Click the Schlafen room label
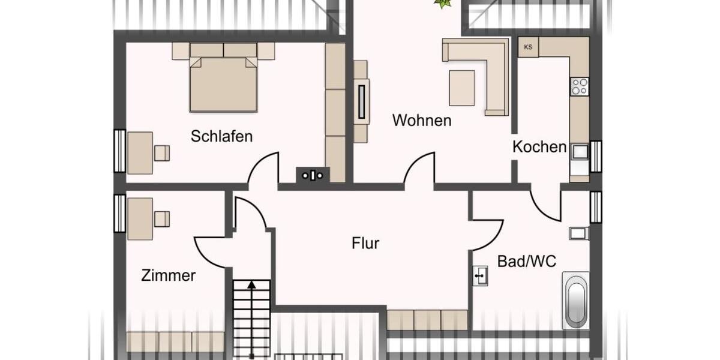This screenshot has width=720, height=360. pyautogui.click(x=221, y=136)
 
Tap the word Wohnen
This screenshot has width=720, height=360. pyautogui.click(x=421, y=121)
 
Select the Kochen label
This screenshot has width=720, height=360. pyautogui.click(x=539, y=147)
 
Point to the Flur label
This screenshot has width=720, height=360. pyautogui.click(x=365, y=244)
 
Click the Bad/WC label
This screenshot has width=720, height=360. pyautogui.click(x=527, y=261)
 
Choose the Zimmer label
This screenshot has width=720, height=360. pyautogui.click(x=168, y=275)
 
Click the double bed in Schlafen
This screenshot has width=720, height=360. pyautogui.click(x=223, y=83)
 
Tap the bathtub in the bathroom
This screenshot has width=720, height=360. pyautogui.click(x=575, y=301)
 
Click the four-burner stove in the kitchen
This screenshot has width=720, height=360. pyautogui.click(x=580, y=86)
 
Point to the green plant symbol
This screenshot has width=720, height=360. pyautogui.click(x=443, y=4)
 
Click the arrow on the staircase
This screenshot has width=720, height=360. pyautogui.click(x=251, y=284)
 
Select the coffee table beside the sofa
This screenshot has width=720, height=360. pyautogui.click(x=462, y=88)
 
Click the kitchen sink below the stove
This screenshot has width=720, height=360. pyautogui.click(x=580, y=152)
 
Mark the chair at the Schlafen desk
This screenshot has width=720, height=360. pyautogui.click(x=161, y=153)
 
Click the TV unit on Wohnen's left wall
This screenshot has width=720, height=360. pyautogui.click(x=361, y=101)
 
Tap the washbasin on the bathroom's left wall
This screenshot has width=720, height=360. pyautogui.click(x=480, y=276)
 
